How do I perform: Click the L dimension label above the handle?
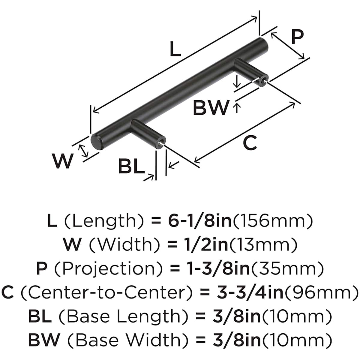click(175, 49)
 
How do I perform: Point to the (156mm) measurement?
click(273, 221)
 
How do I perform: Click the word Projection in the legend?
click(109, 268)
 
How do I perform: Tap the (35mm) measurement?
click(287, 268)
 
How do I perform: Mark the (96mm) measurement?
click(321, 292)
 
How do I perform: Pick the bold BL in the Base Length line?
click(40, 316)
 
